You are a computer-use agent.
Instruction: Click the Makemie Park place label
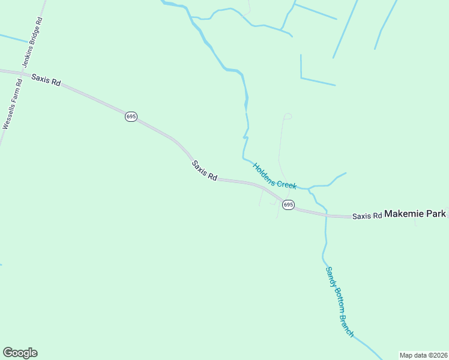click(415, 214)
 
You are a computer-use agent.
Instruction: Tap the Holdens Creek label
click(274, 176)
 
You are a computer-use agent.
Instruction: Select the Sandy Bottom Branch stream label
click(340, 302)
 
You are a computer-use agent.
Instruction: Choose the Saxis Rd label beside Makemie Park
click(367, 216)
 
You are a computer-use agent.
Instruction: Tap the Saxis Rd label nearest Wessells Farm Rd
click(46, 80)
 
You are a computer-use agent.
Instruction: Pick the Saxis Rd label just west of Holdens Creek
click(204, 170)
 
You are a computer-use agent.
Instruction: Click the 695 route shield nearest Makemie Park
click(288, 205)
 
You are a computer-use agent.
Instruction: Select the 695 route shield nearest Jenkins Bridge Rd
click(131, 116)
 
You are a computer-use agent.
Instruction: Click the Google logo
click(20, 353)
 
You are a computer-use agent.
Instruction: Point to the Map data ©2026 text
click(423, 355)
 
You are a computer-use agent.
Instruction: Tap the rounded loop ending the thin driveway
click(288, 116)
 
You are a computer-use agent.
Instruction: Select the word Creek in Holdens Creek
click(286, 183)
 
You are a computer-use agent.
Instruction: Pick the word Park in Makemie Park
click(435, 214)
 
